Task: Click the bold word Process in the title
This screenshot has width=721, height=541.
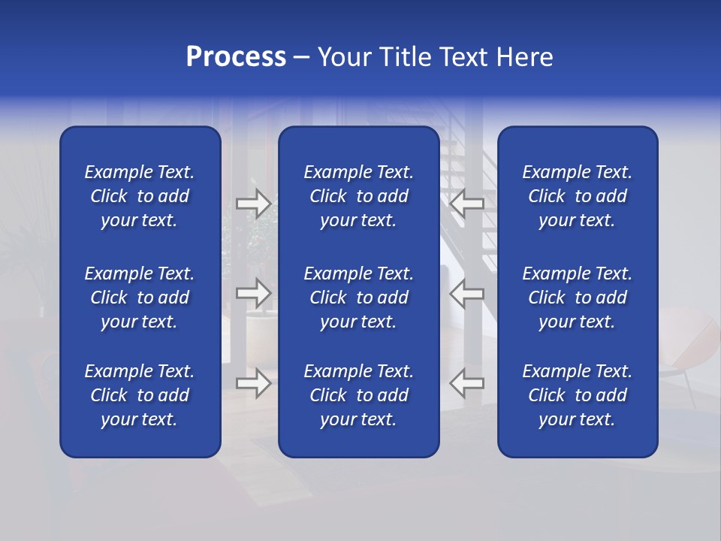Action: pos(236,57)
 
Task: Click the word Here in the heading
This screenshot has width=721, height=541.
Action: pos(524,57)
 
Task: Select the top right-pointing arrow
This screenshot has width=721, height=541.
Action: pos(253,203)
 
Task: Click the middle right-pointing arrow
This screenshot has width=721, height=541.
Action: pos(253,293)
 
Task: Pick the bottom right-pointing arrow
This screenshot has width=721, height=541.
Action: pos(253,383)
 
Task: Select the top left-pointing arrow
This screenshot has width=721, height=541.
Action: pos(466,203)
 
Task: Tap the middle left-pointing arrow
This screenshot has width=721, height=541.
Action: pos(466,293)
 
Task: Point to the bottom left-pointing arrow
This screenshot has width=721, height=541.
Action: pos(466,383)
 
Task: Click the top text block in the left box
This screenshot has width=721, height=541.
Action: pos(140,196)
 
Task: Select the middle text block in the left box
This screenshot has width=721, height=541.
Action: pos(140,298)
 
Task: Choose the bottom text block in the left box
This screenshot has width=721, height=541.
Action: pos(140,395)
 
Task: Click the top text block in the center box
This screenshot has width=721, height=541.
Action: pos(358,196)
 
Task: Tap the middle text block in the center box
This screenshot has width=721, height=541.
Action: pos(358,298)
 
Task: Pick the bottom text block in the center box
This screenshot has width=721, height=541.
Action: pos(358,395)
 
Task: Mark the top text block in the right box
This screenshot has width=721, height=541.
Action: pos(577,196)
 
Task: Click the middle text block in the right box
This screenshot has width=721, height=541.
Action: pos(577,298)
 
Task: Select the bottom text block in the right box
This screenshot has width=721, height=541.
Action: pos(577,395)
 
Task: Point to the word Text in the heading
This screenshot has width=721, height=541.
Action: pos(464,57)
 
